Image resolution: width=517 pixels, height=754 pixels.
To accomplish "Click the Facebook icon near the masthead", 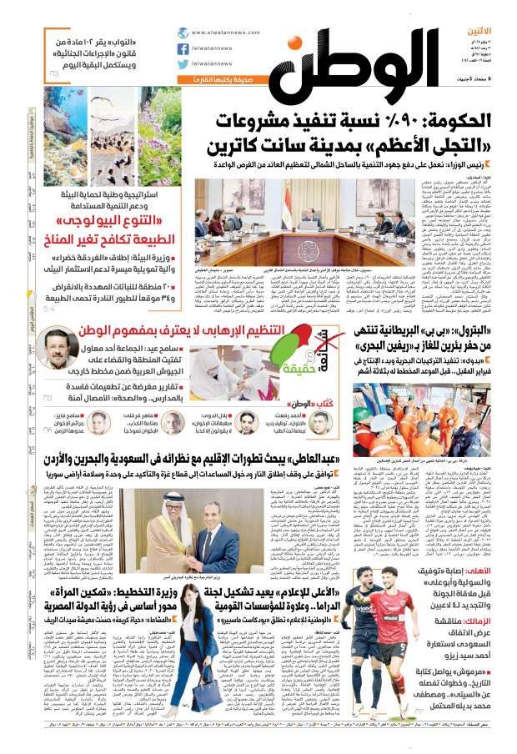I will [183, 48].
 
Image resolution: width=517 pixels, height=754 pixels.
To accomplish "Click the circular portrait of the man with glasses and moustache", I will [62, 345].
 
